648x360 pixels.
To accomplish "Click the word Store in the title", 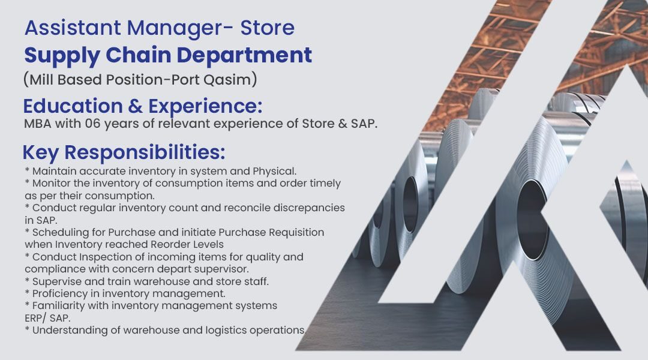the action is (x=268, y=28).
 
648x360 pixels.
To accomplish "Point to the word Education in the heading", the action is (x=73, y=106).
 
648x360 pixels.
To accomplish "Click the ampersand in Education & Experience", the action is (x=135, y=106).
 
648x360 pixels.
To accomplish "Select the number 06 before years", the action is (x=92, y=124).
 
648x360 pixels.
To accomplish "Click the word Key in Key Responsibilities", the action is (x=41, y=152).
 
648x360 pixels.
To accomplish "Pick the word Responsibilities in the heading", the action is (x=145, y=152).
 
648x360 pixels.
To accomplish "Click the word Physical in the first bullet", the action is (x=274, y=171).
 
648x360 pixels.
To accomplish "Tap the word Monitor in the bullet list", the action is (x=51, y=183).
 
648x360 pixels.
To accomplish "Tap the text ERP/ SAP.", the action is (x=47, y=318).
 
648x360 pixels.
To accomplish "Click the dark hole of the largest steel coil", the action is (x=533, y=220).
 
